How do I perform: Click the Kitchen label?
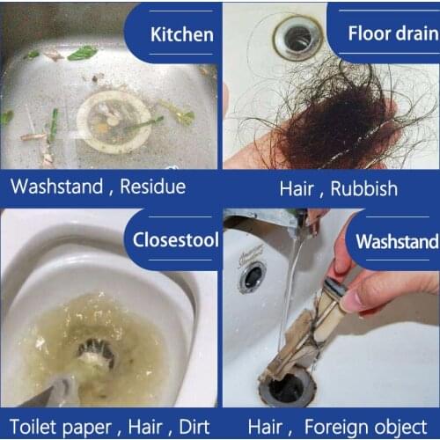click(182, 34)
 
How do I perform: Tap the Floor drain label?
click(392, 34)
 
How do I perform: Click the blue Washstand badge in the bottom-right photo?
click(396, 241)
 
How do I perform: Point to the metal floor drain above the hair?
click(297, 38)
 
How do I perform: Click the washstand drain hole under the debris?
click(290, 387)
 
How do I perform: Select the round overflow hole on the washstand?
click(252, 276)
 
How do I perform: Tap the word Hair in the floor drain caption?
click(297, 188)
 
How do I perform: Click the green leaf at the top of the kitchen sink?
click(82, 53)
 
